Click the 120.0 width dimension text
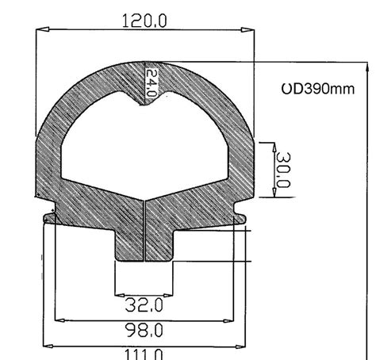pos(144,21)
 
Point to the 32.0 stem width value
pos(144,304)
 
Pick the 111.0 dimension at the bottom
pos(144,353)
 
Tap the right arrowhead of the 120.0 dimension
pos(247,31)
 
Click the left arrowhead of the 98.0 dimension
pos(57,321)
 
